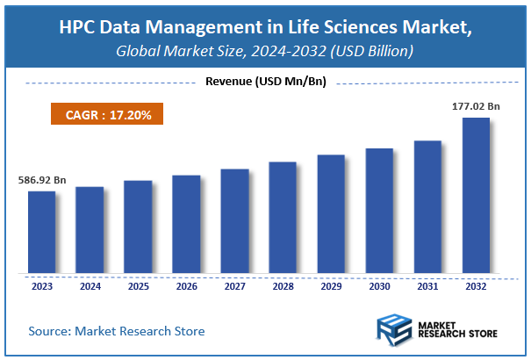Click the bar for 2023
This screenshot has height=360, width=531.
pyautogui.click(x=41, y=232)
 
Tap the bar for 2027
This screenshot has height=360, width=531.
pyautogui.click(x=234, y=220)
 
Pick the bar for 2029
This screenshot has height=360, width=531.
pyautogui.click(x=331, y=213)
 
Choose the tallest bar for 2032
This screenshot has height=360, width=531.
pyautogui.click(x=476, y=195)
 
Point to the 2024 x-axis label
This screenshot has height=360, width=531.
pyautogui.click(x=90, y=285)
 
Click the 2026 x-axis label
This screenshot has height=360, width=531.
pyautogui.click(x=186, y=285)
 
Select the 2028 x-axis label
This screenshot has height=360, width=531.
pyautogui.click(x=283, y=285)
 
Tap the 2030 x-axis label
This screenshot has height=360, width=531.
pyautogui.click(x=379, y=285)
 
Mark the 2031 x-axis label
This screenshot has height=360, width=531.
pyautogui.click(x=427, y=285)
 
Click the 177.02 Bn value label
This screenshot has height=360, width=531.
pyautogui.click(x=475, y=106)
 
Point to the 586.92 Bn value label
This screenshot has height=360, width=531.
pyautogui.click(x=42, y=180)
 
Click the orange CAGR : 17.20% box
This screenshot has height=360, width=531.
pyautogui.click(x=106, y=115)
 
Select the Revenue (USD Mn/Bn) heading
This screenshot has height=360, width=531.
pyautogui.click(x=265, y=83)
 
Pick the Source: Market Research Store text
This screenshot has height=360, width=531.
pyautogui.click(x=117, y=331)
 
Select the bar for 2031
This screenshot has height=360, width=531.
pyautogui.click(x=427, y=206)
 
